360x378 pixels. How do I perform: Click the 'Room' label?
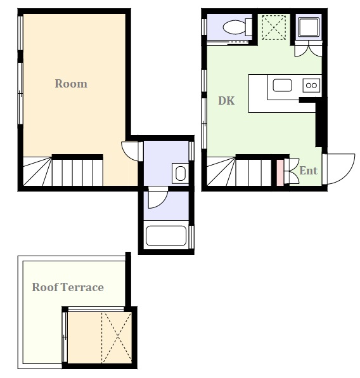[71, 84]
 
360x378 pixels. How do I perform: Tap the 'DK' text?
[226, 101]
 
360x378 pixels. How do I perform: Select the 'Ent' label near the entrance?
[308, 171]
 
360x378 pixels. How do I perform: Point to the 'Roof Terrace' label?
[68, 287]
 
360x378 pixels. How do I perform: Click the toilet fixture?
[237, 27]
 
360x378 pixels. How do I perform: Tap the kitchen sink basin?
[282, 86]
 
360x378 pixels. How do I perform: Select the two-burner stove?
[311, 86]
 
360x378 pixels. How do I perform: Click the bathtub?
[166, 235]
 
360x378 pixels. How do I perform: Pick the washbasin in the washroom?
[180, 173]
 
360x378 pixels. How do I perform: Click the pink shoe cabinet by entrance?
[280, 173]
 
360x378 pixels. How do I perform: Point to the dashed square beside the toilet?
[274, 27]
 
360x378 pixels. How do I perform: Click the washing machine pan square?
[309, 27]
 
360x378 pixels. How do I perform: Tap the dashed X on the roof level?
[117, 337]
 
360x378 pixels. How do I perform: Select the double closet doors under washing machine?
[309, 49]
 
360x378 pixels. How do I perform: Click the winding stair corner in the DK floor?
[221, 171]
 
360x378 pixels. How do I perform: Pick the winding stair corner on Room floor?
[37, 171]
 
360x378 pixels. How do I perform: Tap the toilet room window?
[204, 27]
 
